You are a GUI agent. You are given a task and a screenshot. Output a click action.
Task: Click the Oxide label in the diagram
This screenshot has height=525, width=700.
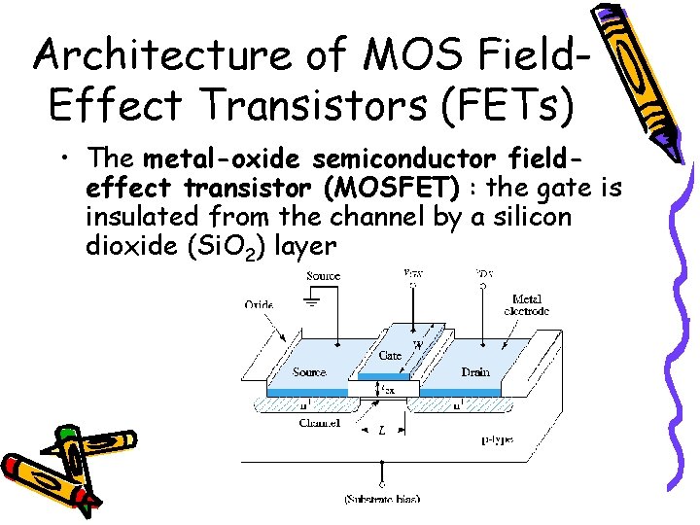click(259, 304)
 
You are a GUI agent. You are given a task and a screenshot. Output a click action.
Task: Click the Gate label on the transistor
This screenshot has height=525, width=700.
click(390, 356)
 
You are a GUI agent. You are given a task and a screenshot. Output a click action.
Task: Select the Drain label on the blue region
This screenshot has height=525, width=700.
click(475, 372)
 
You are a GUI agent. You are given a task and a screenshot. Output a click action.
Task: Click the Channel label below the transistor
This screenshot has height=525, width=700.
click(320, 424)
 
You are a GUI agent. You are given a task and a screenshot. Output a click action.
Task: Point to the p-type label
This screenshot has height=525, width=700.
click(497, 440)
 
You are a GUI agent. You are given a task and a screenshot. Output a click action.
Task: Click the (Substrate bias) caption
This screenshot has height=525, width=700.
click(381, 499)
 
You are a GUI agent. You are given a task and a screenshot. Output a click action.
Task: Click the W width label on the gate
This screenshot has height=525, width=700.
click(417, 343)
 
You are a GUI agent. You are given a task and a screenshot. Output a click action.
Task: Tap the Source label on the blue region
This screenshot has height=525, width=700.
click(309, 372)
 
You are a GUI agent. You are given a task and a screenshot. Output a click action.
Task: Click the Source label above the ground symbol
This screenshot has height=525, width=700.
click(323, 276)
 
